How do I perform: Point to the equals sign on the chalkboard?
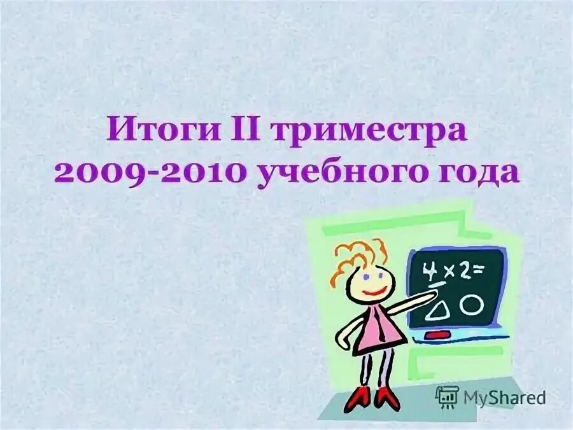pos(484,270)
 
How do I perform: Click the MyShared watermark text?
pos(505,398)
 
